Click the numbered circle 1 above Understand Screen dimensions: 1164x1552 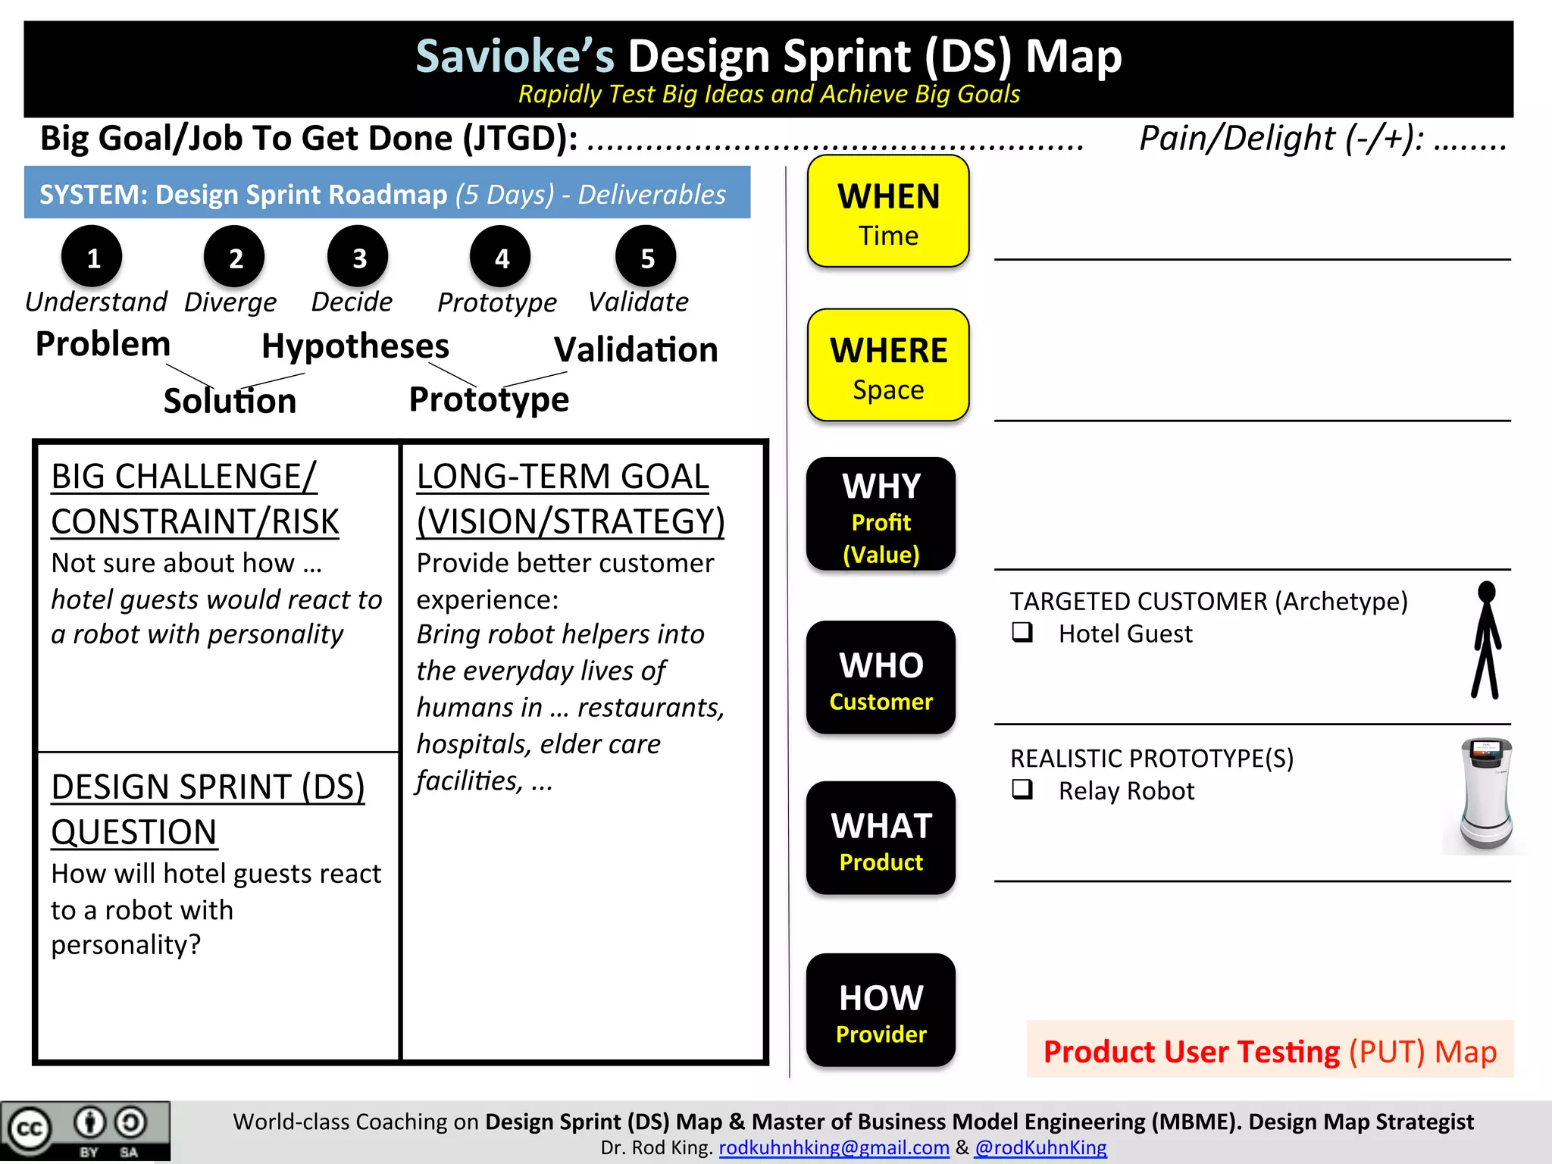pos(92,258)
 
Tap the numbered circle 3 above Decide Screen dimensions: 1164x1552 pos(358,258)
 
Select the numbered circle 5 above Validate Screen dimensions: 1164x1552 pos(646,258)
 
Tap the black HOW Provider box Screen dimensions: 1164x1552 pos(881,1011)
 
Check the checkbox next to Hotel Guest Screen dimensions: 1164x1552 pos(1022,632)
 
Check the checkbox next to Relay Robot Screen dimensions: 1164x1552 pos(1022,790)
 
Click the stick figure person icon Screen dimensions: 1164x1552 pos(1487,640)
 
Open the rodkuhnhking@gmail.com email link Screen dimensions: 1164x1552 pos(834,1147)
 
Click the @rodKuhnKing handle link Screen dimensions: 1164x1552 pos(1040,1147)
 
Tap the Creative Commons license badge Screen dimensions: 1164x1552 pos(85,1131)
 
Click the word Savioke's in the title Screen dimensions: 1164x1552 pos(515,57)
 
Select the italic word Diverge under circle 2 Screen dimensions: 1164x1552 pos(230,302)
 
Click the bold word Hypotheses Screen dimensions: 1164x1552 pos(355,346)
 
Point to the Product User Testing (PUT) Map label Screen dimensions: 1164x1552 pos(1270,1051)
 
